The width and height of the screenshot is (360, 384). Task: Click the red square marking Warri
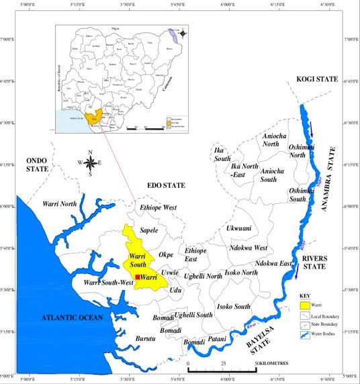coord(138,277)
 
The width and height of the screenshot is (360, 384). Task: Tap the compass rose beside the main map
coord(89,162)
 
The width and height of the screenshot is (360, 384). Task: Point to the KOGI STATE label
coord(317,80)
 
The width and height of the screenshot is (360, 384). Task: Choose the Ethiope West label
coord(158,208)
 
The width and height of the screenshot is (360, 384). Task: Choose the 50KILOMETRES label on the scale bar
coord(272,363)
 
